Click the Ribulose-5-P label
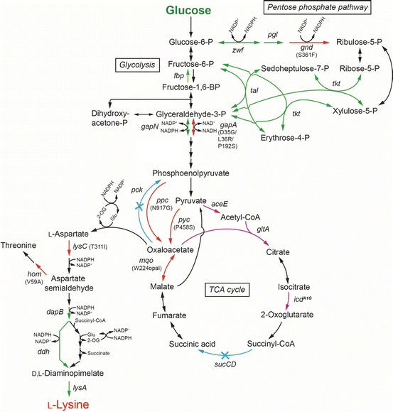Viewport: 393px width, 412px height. (362, 42)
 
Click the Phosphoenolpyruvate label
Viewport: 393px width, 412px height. (189, 173)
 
